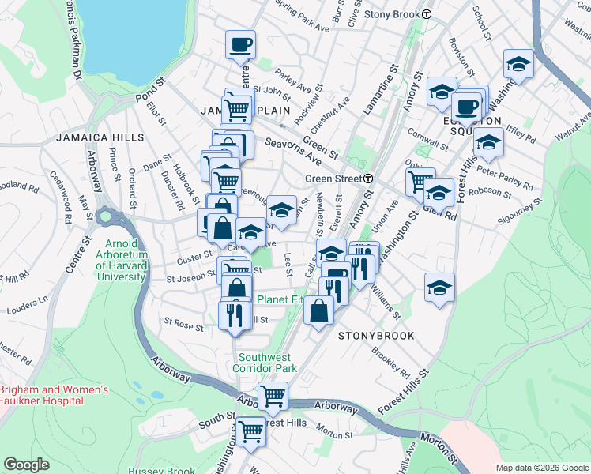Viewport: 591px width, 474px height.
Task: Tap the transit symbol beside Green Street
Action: pyautogui.click(x=369, y=179)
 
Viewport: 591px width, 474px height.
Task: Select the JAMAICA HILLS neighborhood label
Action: pyautogui.click(x=100, y=137)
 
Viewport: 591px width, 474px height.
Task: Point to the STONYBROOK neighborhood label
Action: pyautogui.click(x=376, y=336)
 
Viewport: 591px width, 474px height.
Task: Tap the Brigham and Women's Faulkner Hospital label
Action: pyautogui.click(x=42, y=395)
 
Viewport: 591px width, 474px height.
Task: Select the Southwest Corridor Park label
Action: pyautogui.click(x=265, y=362)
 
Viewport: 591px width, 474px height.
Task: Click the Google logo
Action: pyautogui.click(x=26, y=465)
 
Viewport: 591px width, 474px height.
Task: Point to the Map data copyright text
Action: pyautogui.click(x=542, y=467)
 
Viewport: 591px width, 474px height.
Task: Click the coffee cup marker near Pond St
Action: pyautogui.click(x=240, y=46)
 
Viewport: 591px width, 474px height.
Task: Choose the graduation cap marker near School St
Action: pyautogui.click(x=518, y=64)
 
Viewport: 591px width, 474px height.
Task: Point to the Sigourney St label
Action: pyautogui.click(x=519, y=213)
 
